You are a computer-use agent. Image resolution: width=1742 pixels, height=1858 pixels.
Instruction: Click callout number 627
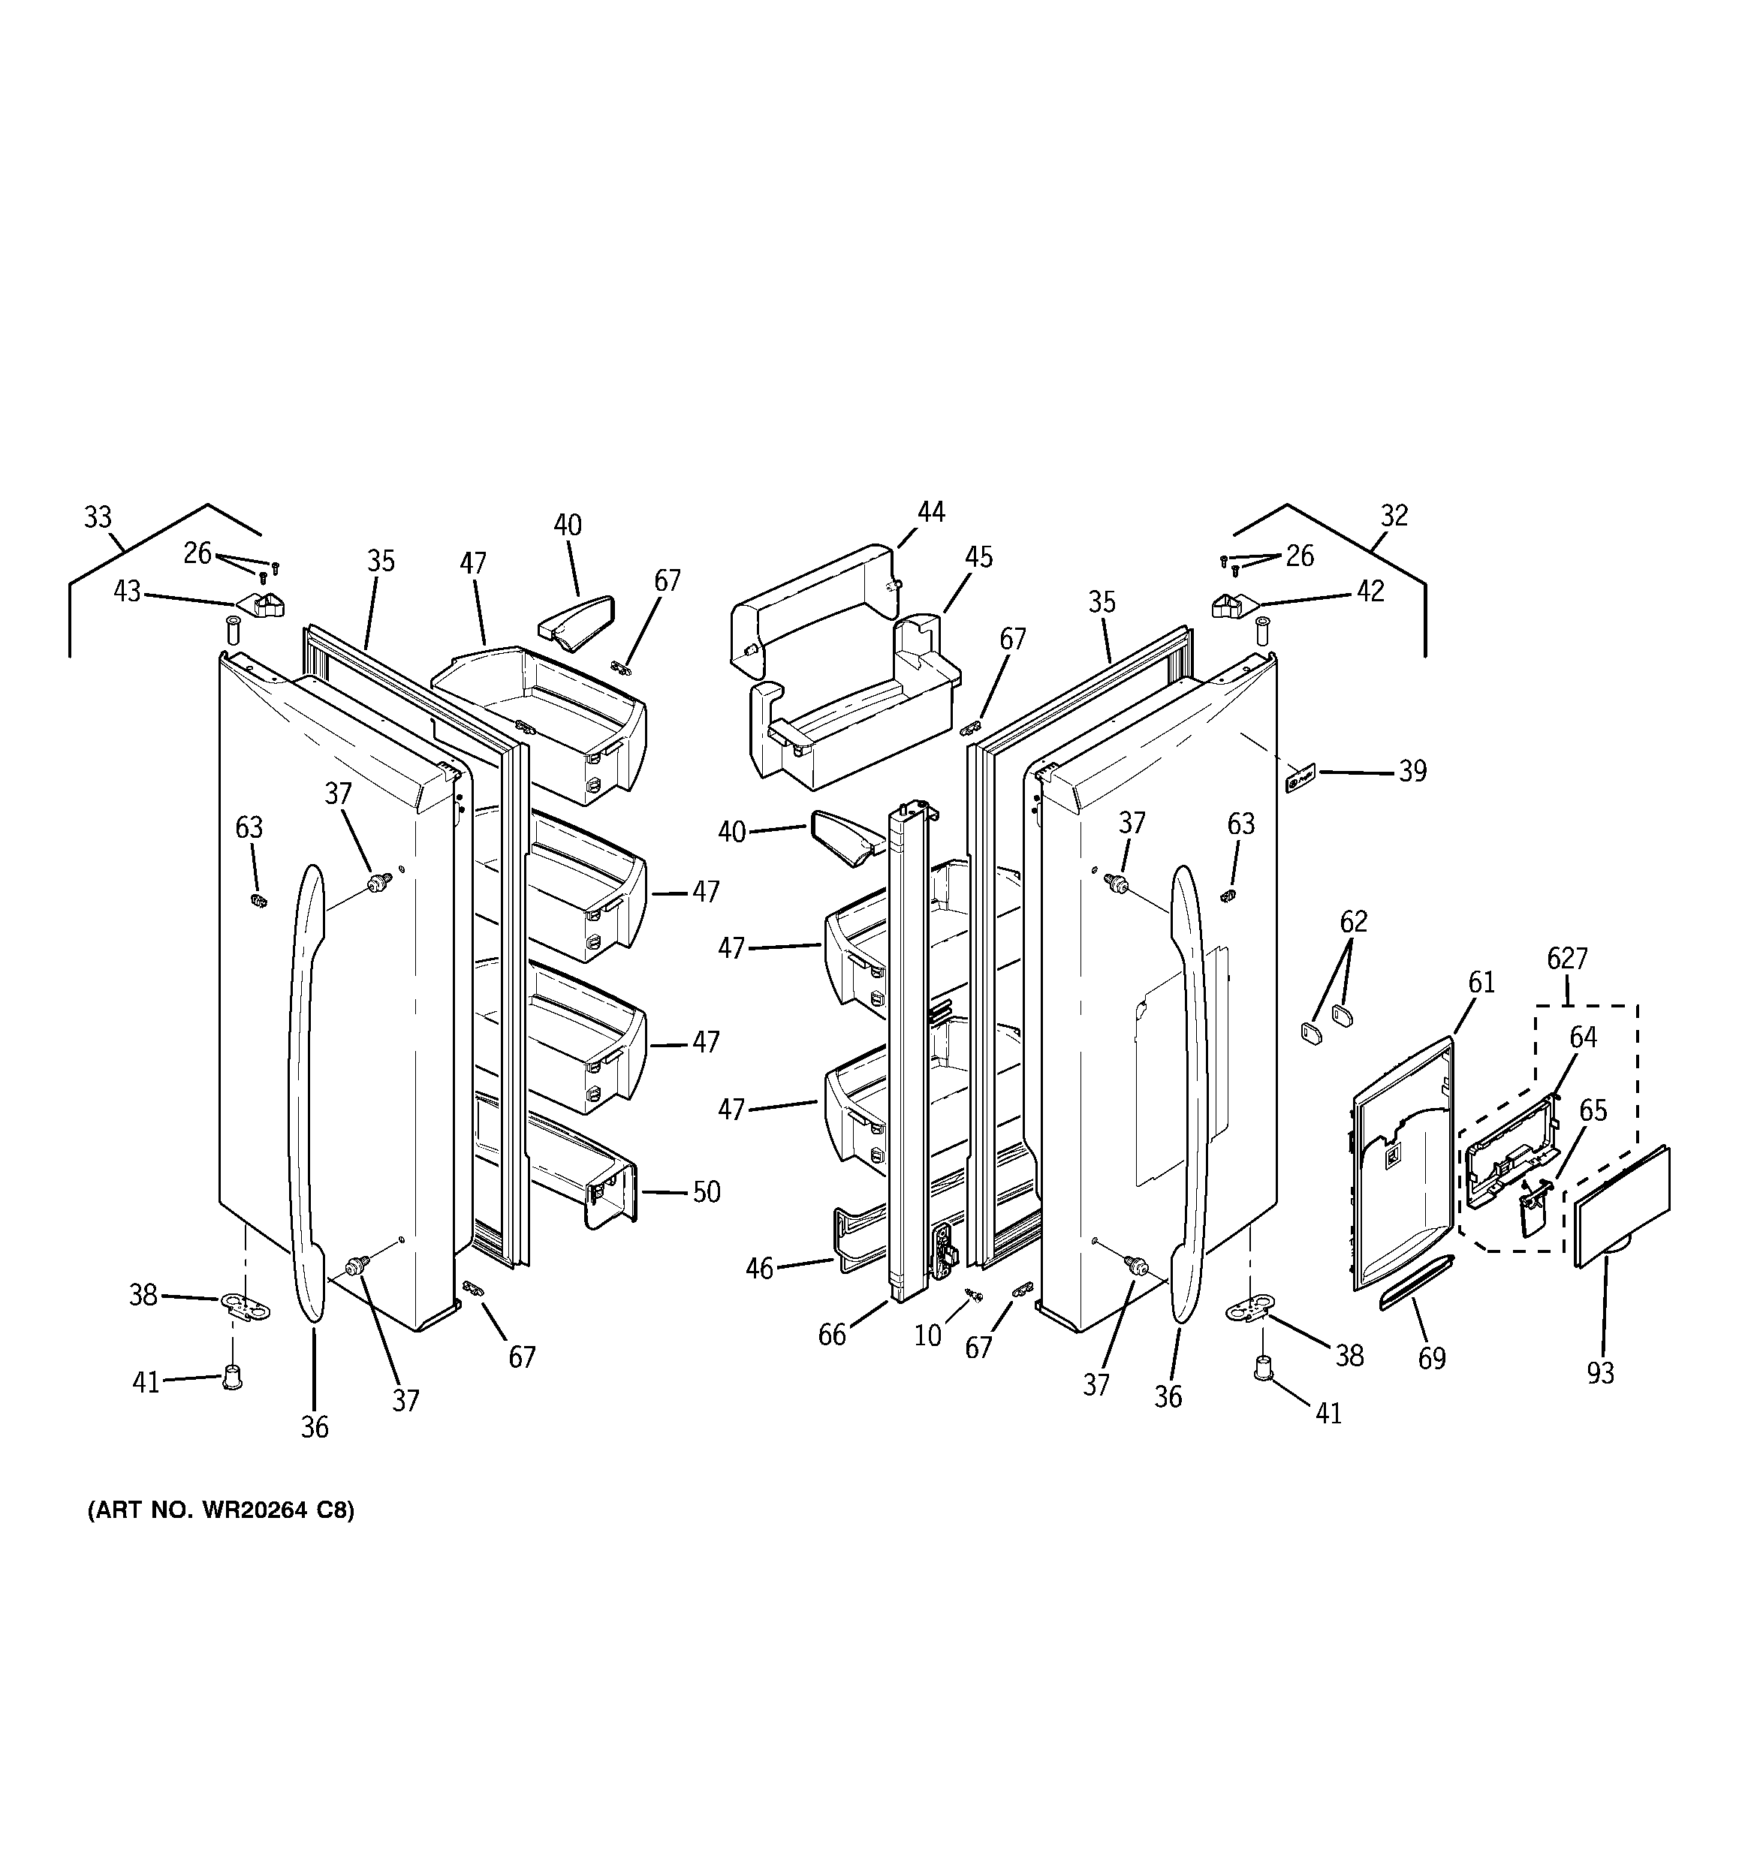[x=1567, y=958]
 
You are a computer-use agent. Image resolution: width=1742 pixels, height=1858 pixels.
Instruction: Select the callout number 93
[x=1600, y=1373]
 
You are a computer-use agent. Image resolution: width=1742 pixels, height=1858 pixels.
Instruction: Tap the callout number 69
[x=1432, y=1358]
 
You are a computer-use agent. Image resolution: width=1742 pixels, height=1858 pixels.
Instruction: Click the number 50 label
[x=706, y=1193]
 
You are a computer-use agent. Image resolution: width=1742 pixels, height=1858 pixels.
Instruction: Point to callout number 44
[x=930, y=512]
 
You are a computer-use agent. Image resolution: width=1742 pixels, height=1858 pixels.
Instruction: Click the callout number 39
[x=1412, y=772]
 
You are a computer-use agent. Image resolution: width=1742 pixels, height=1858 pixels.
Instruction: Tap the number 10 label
[x=927, y=1336]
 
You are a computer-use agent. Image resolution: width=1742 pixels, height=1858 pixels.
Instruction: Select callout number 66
[x=831, y=1336]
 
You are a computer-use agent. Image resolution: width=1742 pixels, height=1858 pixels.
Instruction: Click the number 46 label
[x=759, y=1268]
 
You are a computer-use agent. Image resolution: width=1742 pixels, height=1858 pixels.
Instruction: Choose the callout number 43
[x=127, y=592]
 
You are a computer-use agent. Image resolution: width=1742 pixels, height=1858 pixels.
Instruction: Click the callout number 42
[x=1370, y=592]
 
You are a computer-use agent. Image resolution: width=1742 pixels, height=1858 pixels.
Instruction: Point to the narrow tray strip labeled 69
[x=1418, y=1283]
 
